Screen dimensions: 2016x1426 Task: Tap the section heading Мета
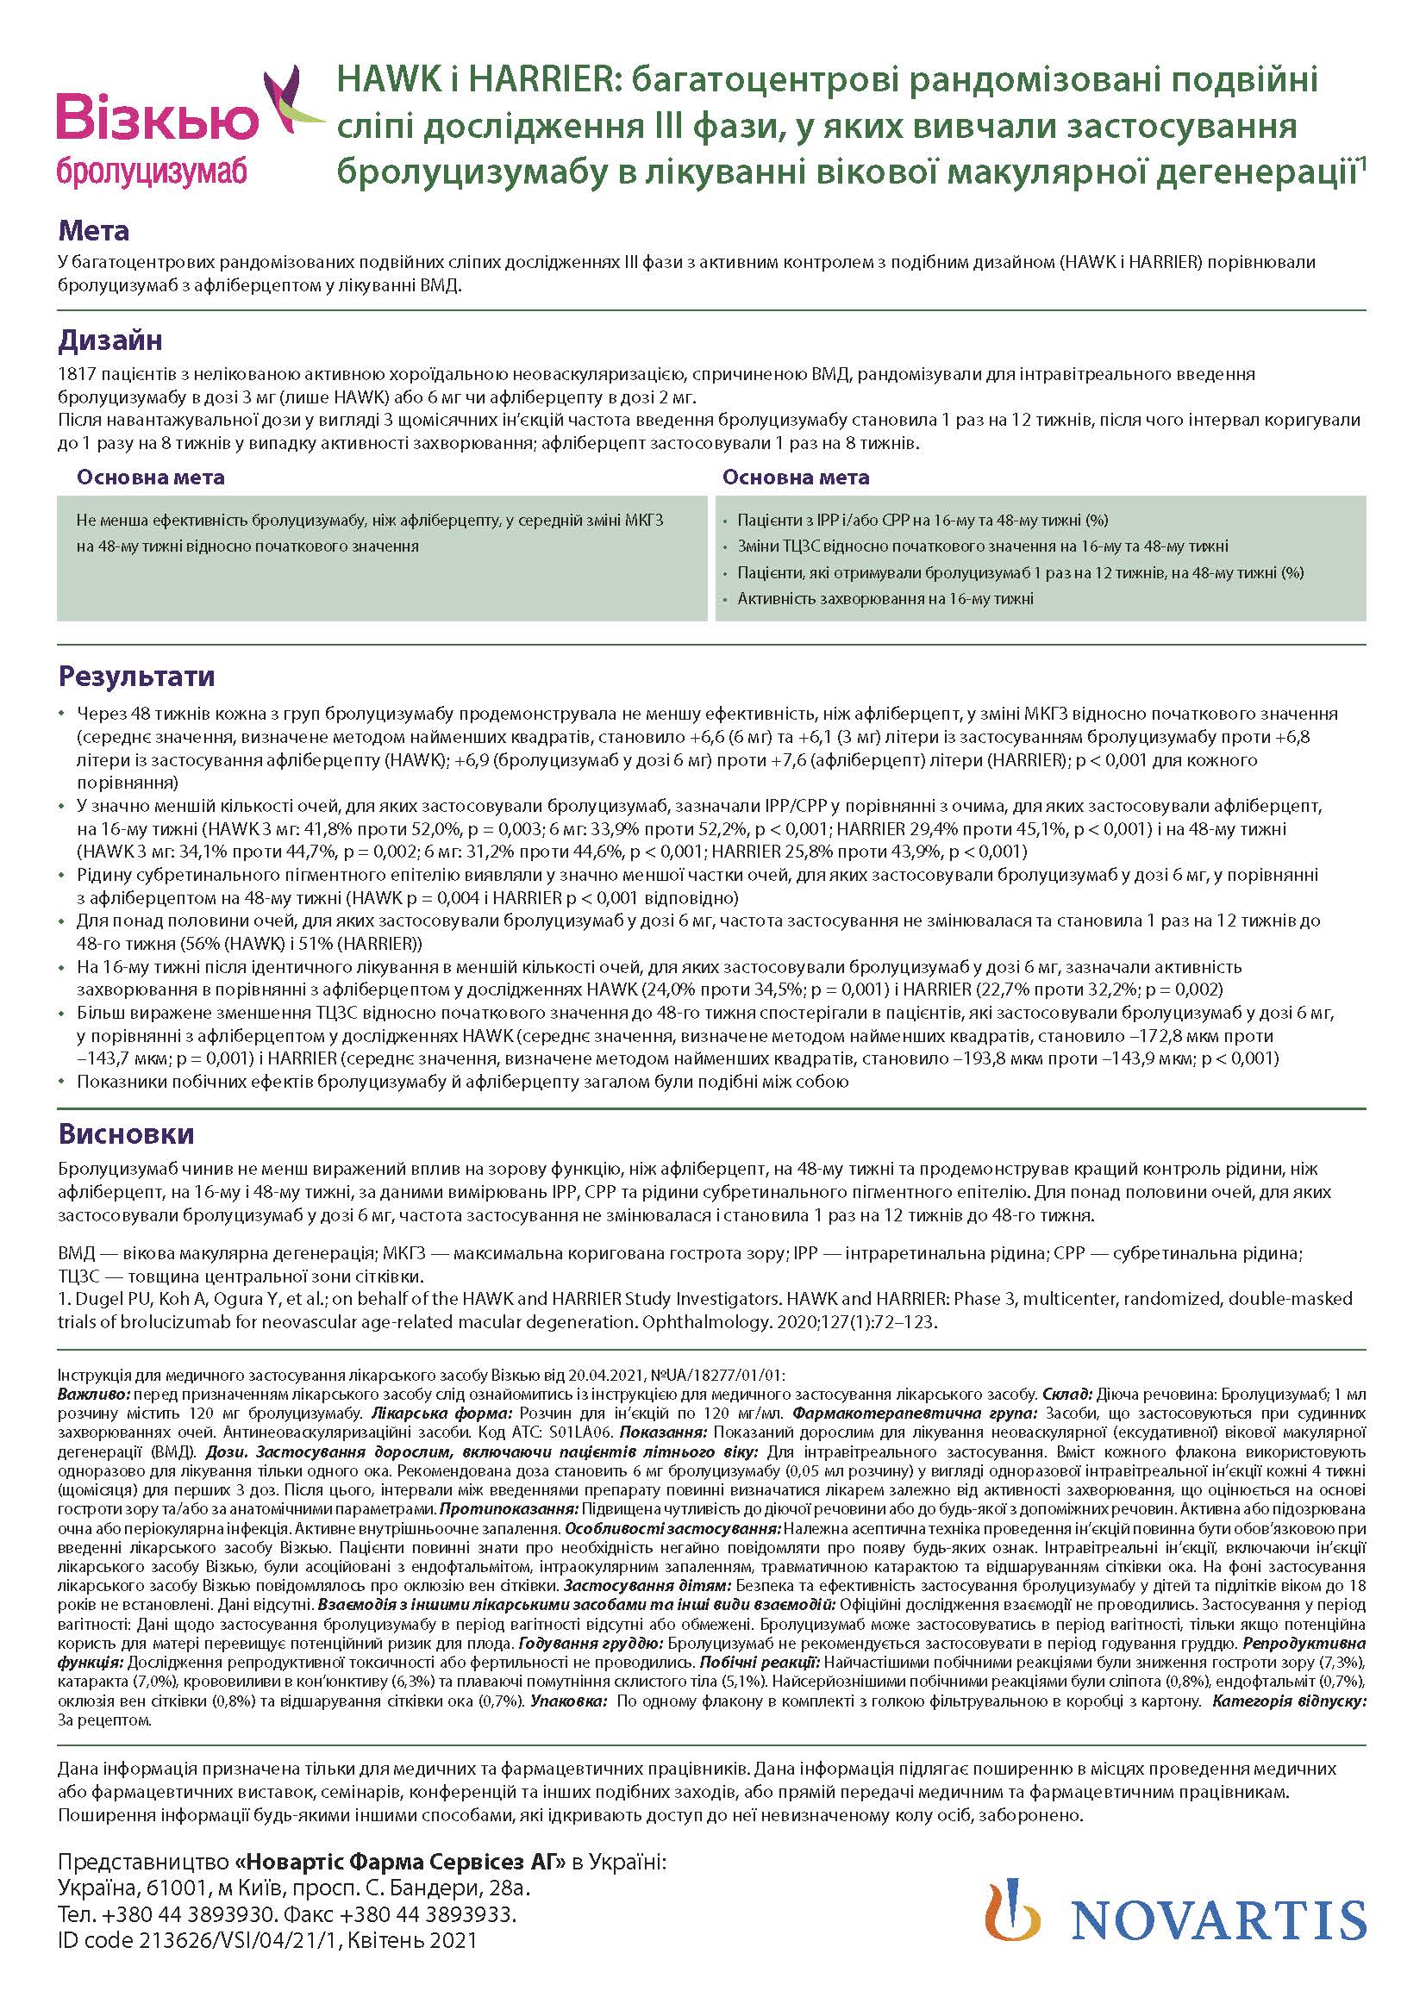point(94,231)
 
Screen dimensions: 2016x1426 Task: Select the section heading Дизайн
point(109,340)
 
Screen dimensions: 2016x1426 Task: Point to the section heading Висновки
point(127,1133)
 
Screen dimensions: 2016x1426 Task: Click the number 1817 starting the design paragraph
point(76,374)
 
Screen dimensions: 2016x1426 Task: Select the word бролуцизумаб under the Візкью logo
point(152,170)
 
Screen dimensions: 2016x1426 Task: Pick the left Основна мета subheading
point(150,477)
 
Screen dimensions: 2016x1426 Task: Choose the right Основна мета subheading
point(796,477)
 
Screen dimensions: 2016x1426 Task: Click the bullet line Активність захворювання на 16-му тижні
point(885,599)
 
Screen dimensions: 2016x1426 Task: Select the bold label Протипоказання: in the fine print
point(509,1509)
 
